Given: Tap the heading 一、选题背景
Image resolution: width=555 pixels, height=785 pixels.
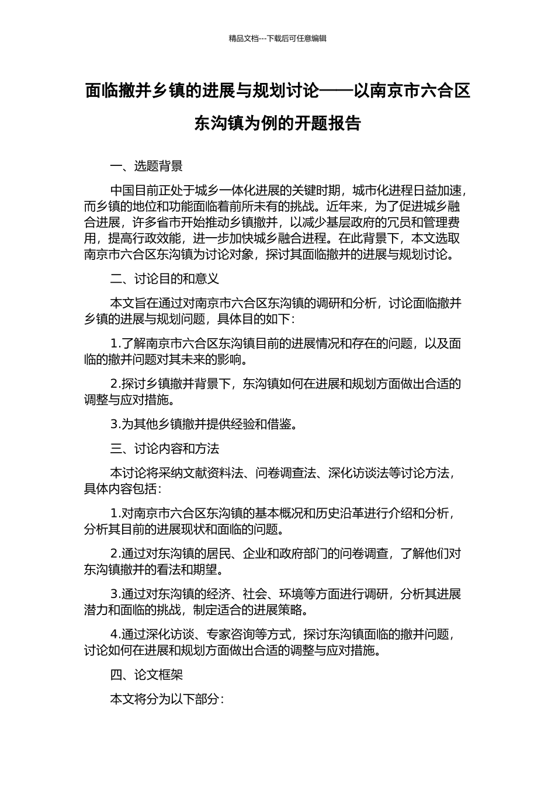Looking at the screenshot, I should click(147, 166).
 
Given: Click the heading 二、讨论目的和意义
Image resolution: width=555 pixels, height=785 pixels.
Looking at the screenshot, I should click(165, 279).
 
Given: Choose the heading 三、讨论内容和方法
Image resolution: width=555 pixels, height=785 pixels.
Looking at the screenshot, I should click(165, 449).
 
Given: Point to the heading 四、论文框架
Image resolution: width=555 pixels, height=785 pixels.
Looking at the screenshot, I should click(147, 675).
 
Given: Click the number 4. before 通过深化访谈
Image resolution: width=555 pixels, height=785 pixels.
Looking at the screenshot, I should click(115, 634).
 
